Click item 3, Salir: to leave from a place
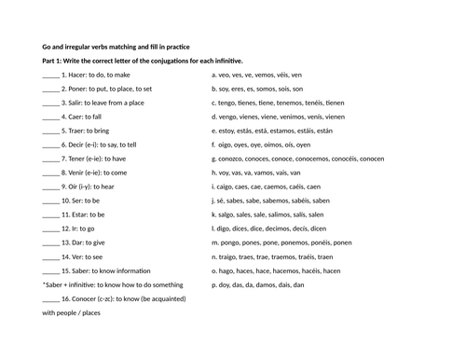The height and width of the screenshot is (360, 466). [x=102, y=103]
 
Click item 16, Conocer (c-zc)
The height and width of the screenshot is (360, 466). [x=113, y=298]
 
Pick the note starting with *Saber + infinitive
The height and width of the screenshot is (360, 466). [x=112, y=284]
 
